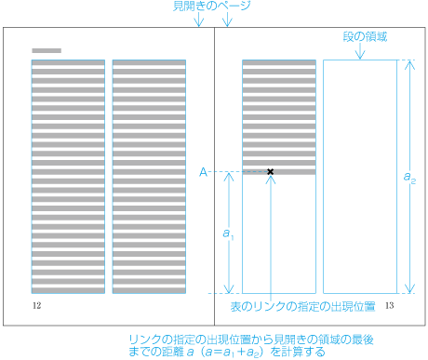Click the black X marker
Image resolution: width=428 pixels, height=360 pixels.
click(x=270, y=172)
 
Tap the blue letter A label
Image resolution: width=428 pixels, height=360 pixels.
click(x=203, y=172)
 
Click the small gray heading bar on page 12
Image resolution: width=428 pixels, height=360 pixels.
click(x=47, y=50)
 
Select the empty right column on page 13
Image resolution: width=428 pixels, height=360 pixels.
click(x=357, y=177)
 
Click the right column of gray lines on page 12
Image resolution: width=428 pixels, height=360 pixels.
click(x=149, y=177)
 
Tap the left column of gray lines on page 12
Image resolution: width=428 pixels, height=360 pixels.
click(x=68, y=177)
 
